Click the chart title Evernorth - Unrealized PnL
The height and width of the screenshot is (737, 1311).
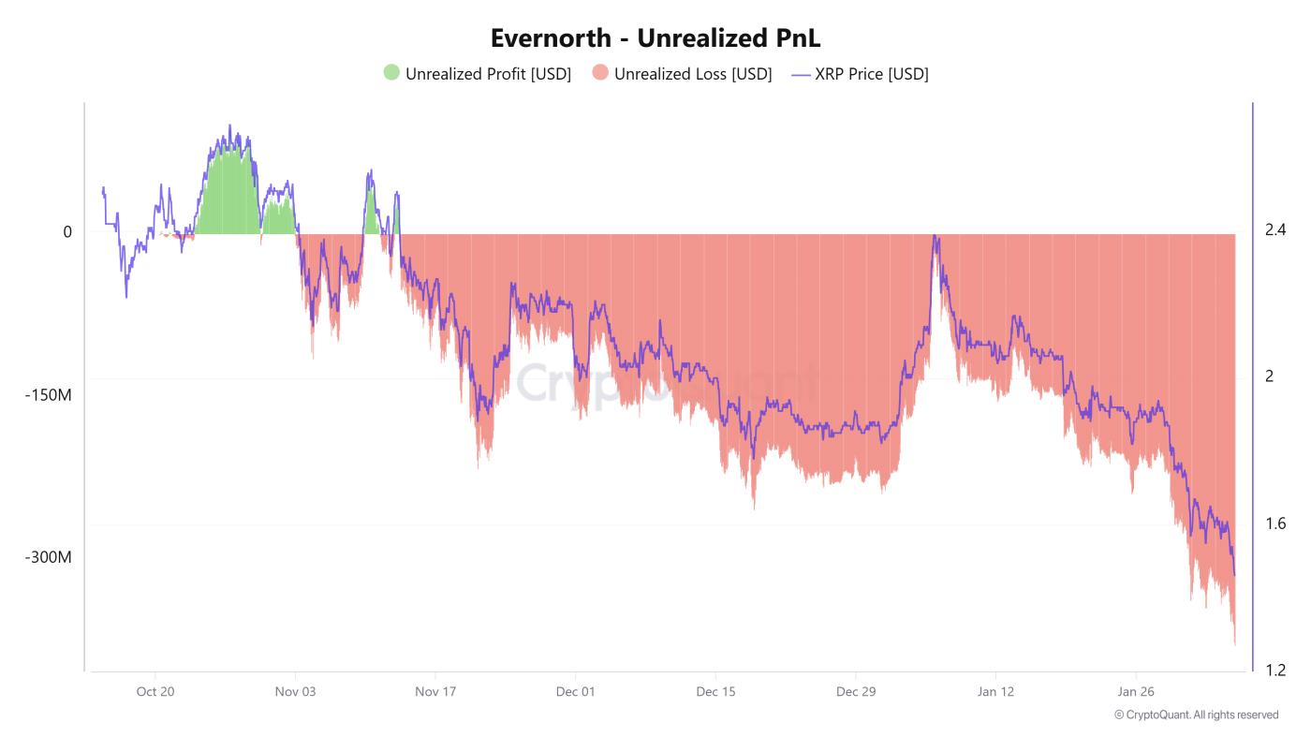tap(655, 37)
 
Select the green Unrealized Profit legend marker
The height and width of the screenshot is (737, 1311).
tap(391, 73)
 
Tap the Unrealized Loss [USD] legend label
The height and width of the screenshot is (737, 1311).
tap(693, 74)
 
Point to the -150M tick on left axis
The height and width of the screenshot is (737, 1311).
tap(48, 395)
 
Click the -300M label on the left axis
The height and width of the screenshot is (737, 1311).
tap(48, 557)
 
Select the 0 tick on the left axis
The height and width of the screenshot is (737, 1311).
tap(67, 231)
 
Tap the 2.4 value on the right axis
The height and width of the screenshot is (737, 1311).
tap(1275, 229)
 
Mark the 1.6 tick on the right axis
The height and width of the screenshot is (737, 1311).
tap(1275, 523)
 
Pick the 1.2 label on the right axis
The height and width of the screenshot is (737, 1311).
tap(1275, 670)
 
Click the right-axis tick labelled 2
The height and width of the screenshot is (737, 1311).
tap(1269, 376)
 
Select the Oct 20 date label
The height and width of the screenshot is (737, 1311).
tap(155, 692)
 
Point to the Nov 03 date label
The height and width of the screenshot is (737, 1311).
tap(295, 692)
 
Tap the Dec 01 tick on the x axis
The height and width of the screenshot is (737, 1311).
tap(575, 692)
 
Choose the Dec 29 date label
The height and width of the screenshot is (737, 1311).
tap(856, 692)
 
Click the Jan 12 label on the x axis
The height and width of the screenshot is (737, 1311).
tap(995, 692)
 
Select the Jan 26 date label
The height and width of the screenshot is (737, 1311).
tap(1136, 692)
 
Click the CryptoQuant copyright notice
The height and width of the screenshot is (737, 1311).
tap(1196, 715)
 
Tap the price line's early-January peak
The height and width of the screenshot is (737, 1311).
tap(935, 236)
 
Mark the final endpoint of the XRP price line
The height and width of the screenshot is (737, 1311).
tap(1234, 575)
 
